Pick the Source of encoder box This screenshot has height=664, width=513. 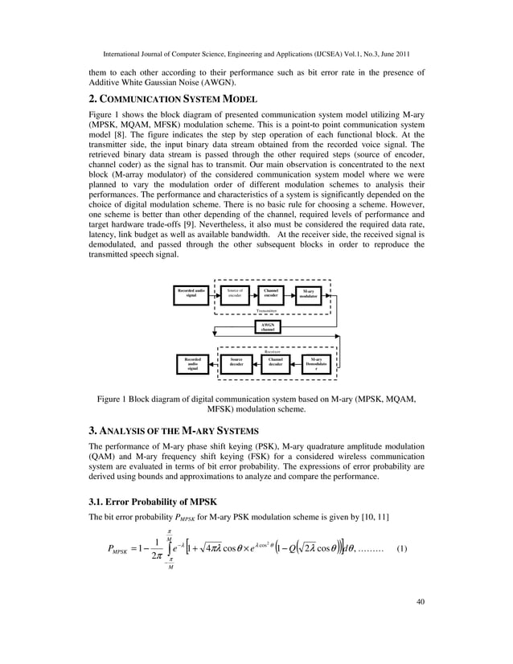[x=235, y=294]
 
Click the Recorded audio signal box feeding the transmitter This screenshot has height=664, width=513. [x=191, y=294]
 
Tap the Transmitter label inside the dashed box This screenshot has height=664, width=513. [x=266, y=309]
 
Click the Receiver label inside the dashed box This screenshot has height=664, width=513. [x=271, y=350]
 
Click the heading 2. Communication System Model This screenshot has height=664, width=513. [x=173, y=100]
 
